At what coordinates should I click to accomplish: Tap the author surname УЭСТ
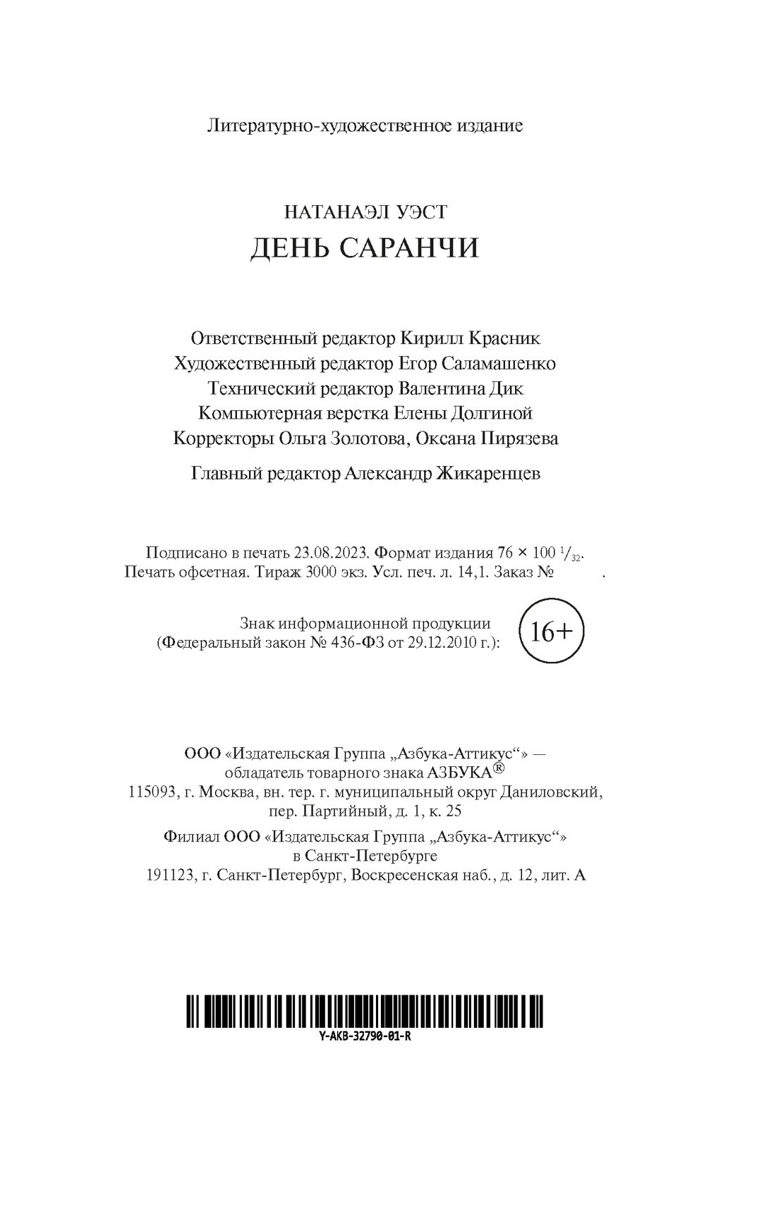[418, 211]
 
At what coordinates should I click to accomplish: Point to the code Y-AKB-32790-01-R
[365, 1038]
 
